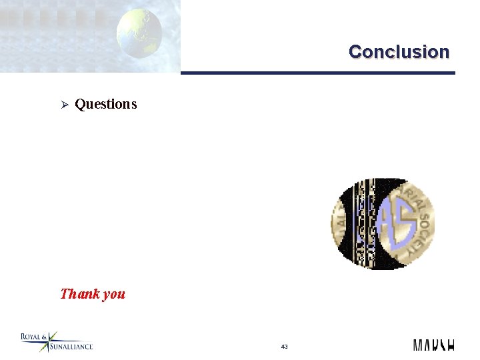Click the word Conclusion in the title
pos(399,51)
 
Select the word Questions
pos(106,104)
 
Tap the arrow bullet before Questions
pos(65,104)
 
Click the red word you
pos(113,294)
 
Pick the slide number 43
pos(285,347)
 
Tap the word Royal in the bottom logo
pos(31,337)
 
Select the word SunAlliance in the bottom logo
pos(70,347)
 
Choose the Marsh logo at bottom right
pos(433,345)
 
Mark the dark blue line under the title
pos(317,73)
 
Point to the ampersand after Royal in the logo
pos(44,337)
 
